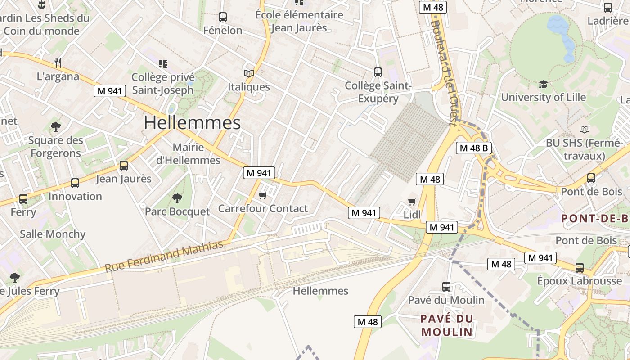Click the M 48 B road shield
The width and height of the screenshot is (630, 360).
point(474,148)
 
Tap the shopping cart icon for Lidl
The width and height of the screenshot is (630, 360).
point(412,202)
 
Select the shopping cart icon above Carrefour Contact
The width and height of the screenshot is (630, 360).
point(263,195)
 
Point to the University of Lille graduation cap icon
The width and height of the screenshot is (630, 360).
point(543,85)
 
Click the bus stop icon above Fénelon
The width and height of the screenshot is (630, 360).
point(222,18)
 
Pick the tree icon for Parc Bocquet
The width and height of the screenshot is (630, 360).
point(177,198)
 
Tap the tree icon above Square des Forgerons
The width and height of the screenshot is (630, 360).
point(56,126)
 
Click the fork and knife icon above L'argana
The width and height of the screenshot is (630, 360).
point(58,63)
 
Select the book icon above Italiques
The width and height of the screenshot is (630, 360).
point(248,73)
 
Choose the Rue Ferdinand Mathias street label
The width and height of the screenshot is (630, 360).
point(164,256)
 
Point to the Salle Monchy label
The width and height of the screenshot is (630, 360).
point(53,234)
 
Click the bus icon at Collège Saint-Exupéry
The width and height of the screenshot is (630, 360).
point(378,72)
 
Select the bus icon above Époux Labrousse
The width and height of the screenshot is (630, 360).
point(580,268)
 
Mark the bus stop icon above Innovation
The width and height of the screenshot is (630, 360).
point(75,184)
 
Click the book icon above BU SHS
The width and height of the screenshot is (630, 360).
point(585,130)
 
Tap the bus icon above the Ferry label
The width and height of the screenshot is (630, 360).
point(23,198)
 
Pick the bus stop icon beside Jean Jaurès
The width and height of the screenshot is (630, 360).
point(124,166)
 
